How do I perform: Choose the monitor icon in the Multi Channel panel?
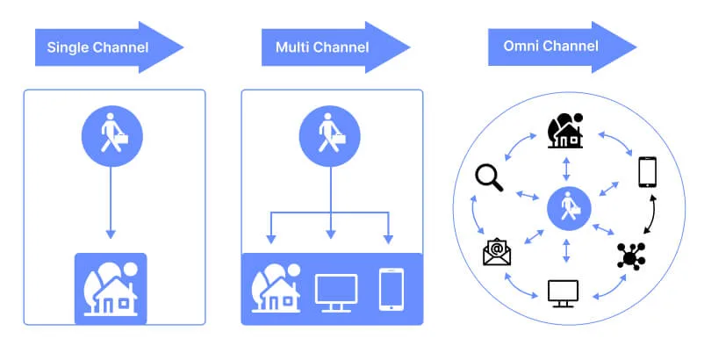336,290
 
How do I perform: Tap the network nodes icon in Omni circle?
635,254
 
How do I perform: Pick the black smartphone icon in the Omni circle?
647,172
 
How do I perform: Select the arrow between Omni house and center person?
568,169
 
